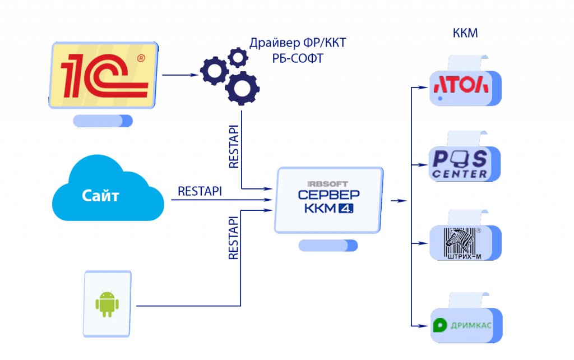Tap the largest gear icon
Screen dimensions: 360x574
point(242,87)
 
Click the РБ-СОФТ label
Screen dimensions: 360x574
point(298,58)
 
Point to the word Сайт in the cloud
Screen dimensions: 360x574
point(101,196)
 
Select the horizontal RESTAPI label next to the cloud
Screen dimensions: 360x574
point(200,191)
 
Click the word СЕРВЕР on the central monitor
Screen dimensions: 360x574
point(328,196)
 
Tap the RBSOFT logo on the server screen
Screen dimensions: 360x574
point(328,183)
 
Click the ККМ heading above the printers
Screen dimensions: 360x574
point(465,34)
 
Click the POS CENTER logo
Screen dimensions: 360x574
point(460,163)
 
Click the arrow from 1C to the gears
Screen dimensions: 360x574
point(180,75)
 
